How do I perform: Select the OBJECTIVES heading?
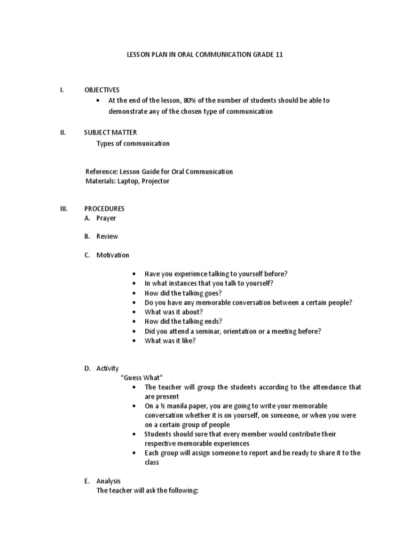pos(102,90)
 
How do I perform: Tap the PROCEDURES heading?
pos(104,208)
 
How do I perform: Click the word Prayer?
pos(106,218)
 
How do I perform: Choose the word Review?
pos(107,236)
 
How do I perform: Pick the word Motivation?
pos(113,255)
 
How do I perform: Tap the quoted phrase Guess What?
pos(141,378)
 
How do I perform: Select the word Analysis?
pos(108,481)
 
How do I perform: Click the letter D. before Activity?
pos(87,369)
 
